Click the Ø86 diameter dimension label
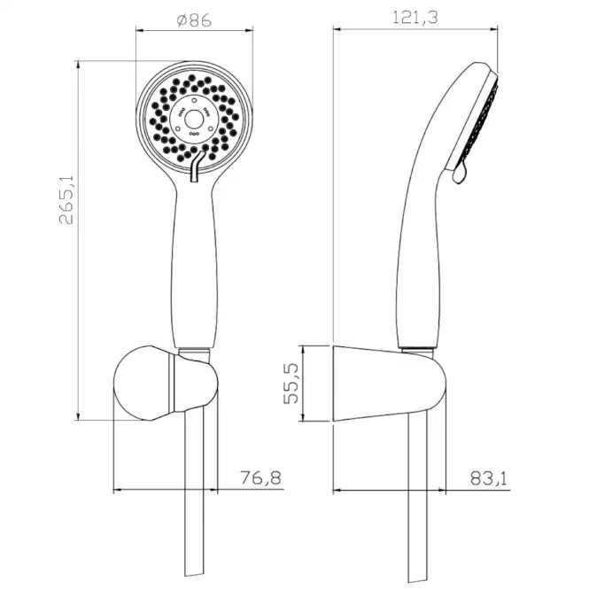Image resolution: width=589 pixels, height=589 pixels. (x=194, y=19)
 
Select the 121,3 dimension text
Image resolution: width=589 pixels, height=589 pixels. (x=415, y=18)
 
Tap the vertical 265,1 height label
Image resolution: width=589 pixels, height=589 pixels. (x=66, y=200)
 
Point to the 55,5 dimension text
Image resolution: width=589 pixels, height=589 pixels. (x=291, y=384)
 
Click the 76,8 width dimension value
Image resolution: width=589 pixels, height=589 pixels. (x=260, y=477)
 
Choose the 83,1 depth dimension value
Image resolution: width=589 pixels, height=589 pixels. (x=489, y=478)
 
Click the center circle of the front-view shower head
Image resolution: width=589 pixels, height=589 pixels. (x=194, y=119)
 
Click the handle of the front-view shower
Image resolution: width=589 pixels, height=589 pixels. (x=195, y=263)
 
